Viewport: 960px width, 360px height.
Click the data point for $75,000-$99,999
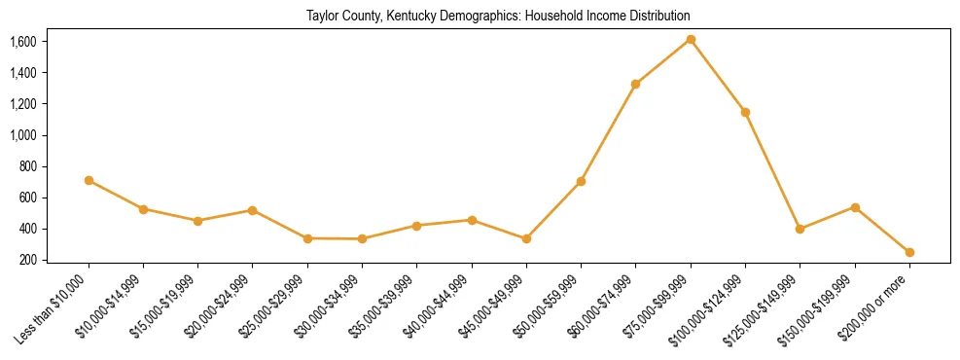(x=691, y=39)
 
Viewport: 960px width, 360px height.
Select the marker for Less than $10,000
(x=89, y=180)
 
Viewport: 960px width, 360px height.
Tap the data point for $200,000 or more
(x=909, y=252)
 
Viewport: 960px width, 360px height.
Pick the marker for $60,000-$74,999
(x=635, y=84)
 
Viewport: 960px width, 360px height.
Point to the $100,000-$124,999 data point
(x=745, y=112)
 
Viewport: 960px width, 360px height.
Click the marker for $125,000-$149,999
(x=800, y=229)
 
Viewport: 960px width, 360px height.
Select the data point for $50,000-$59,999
(x=581, y=181)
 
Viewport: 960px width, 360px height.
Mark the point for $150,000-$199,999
(x=855, y=207)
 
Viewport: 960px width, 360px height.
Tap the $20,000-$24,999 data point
(x=253, y=210)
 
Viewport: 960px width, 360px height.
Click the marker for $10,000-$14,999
(x=143, y=209)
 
